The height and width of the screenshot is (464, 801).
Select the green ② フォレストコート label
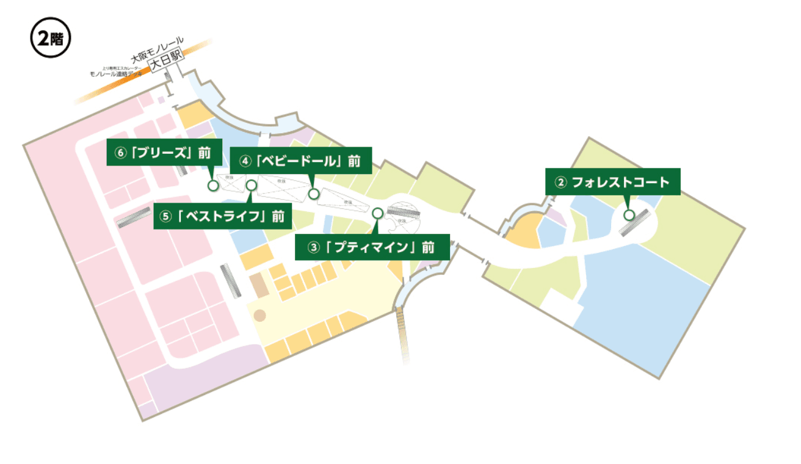pyautogui.click(x=612, y=182)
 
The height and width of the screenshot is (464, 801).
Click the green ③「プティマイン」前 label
pyautogui.click(x=372, y=247)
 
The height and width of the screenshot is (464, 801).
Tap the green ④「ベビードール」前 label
pyautogui.click(x=300, y=161)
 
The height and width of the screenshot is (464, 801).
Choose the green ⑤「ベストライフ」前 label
pyautogui.click(x=222, y=216)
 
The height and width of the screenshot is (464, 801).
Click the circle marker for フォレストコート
pyautogui.click(x=629, y=215)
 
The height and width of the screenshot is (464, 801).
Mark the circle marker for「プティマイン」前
pyautogui.click(x=377, y=213)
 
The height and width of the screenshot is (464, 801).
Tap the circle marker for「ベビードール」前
pyautogui.click(x=314, y=194)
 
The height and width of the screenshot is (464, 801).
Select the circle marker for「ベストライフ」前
pyautogui.click(x=251, y=185)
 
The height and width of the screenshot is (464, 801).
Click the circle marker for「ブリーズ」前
pyautogui.click(x=213, y=185)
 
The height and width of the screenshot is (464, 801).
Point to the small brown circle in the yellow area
pyautogui.click(x=260, y=316)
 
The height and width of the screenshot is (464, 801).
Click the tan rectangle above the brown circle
pyautogui.click(x=258, y=285)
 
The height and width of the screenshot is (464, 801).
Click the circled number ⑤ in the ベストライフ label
pyautogui.click(x=165, y=217)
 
